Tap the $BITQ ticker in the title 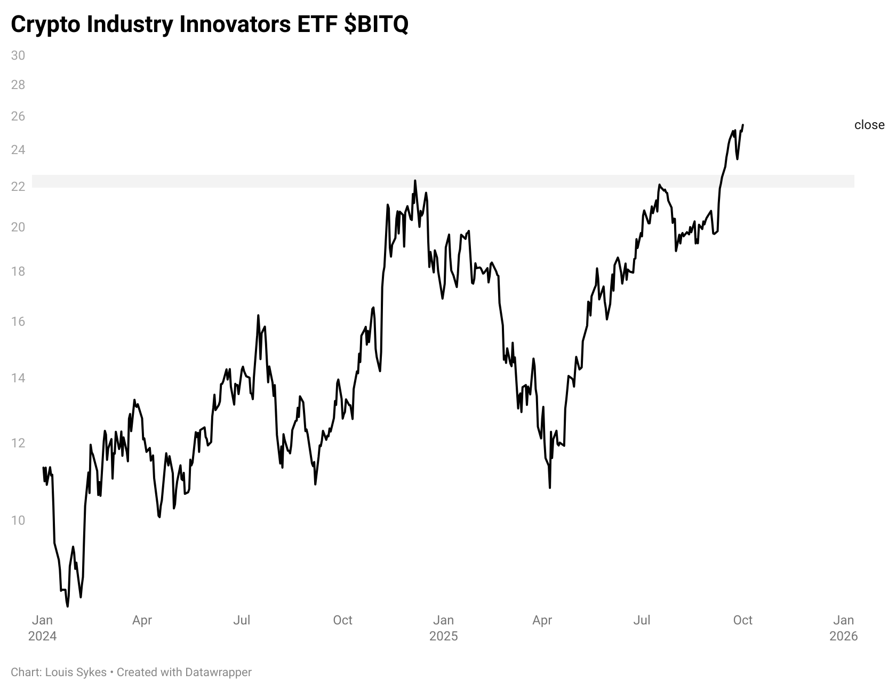(x=375, y=25)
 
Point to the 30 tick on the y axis (x=18, y=55)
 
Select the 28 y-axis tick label (x=18, y=85)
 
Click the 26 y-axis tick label (x=18, y=116)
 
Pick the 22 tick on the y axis (x=18, y=186)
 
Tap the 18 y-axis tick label (x=18, y=271)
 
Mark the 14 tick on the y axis (x=18, y=378)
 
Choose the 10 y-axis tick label (x=18, y=520)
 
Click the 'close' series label (x=869, y=125)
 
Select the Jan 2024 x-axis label (x=42, y=628)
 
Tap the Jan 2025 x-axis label (x=443, y=628)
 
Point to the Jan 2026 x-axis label (x=843, y=628)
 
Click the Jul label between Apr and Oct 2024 (x=242, y=620)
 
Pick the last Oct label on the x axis (x=742, y=620)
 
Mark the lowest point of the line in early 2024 (x=67, y=606)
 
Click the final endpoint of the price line (x=743, y=125)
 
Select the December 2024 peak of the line (x=415, y=180)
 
